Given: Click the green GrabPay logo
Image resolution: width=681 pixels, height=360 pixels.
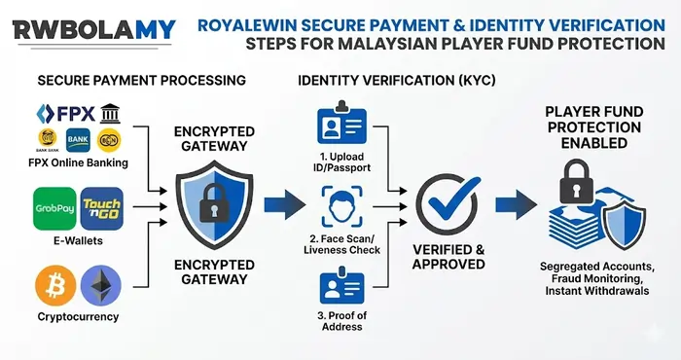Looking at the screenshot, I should (54, 208).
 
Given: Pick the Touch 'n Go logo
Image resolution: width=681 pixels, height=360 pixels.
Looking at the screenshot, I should (101, 208).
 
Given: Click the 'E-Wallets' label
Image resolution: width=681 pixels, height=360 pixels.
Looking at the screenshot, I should (78, 240).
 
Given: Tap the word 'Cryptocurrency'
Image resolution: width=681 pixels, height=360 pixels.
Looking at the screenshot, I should (78, 316).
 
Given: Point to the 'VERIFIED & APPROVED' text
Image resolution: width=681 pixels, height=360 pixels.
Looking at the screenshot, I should (448, 256).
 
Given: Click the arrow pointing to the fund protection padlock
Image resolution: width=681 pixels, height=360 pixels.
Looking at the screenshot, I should (513, 205).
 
